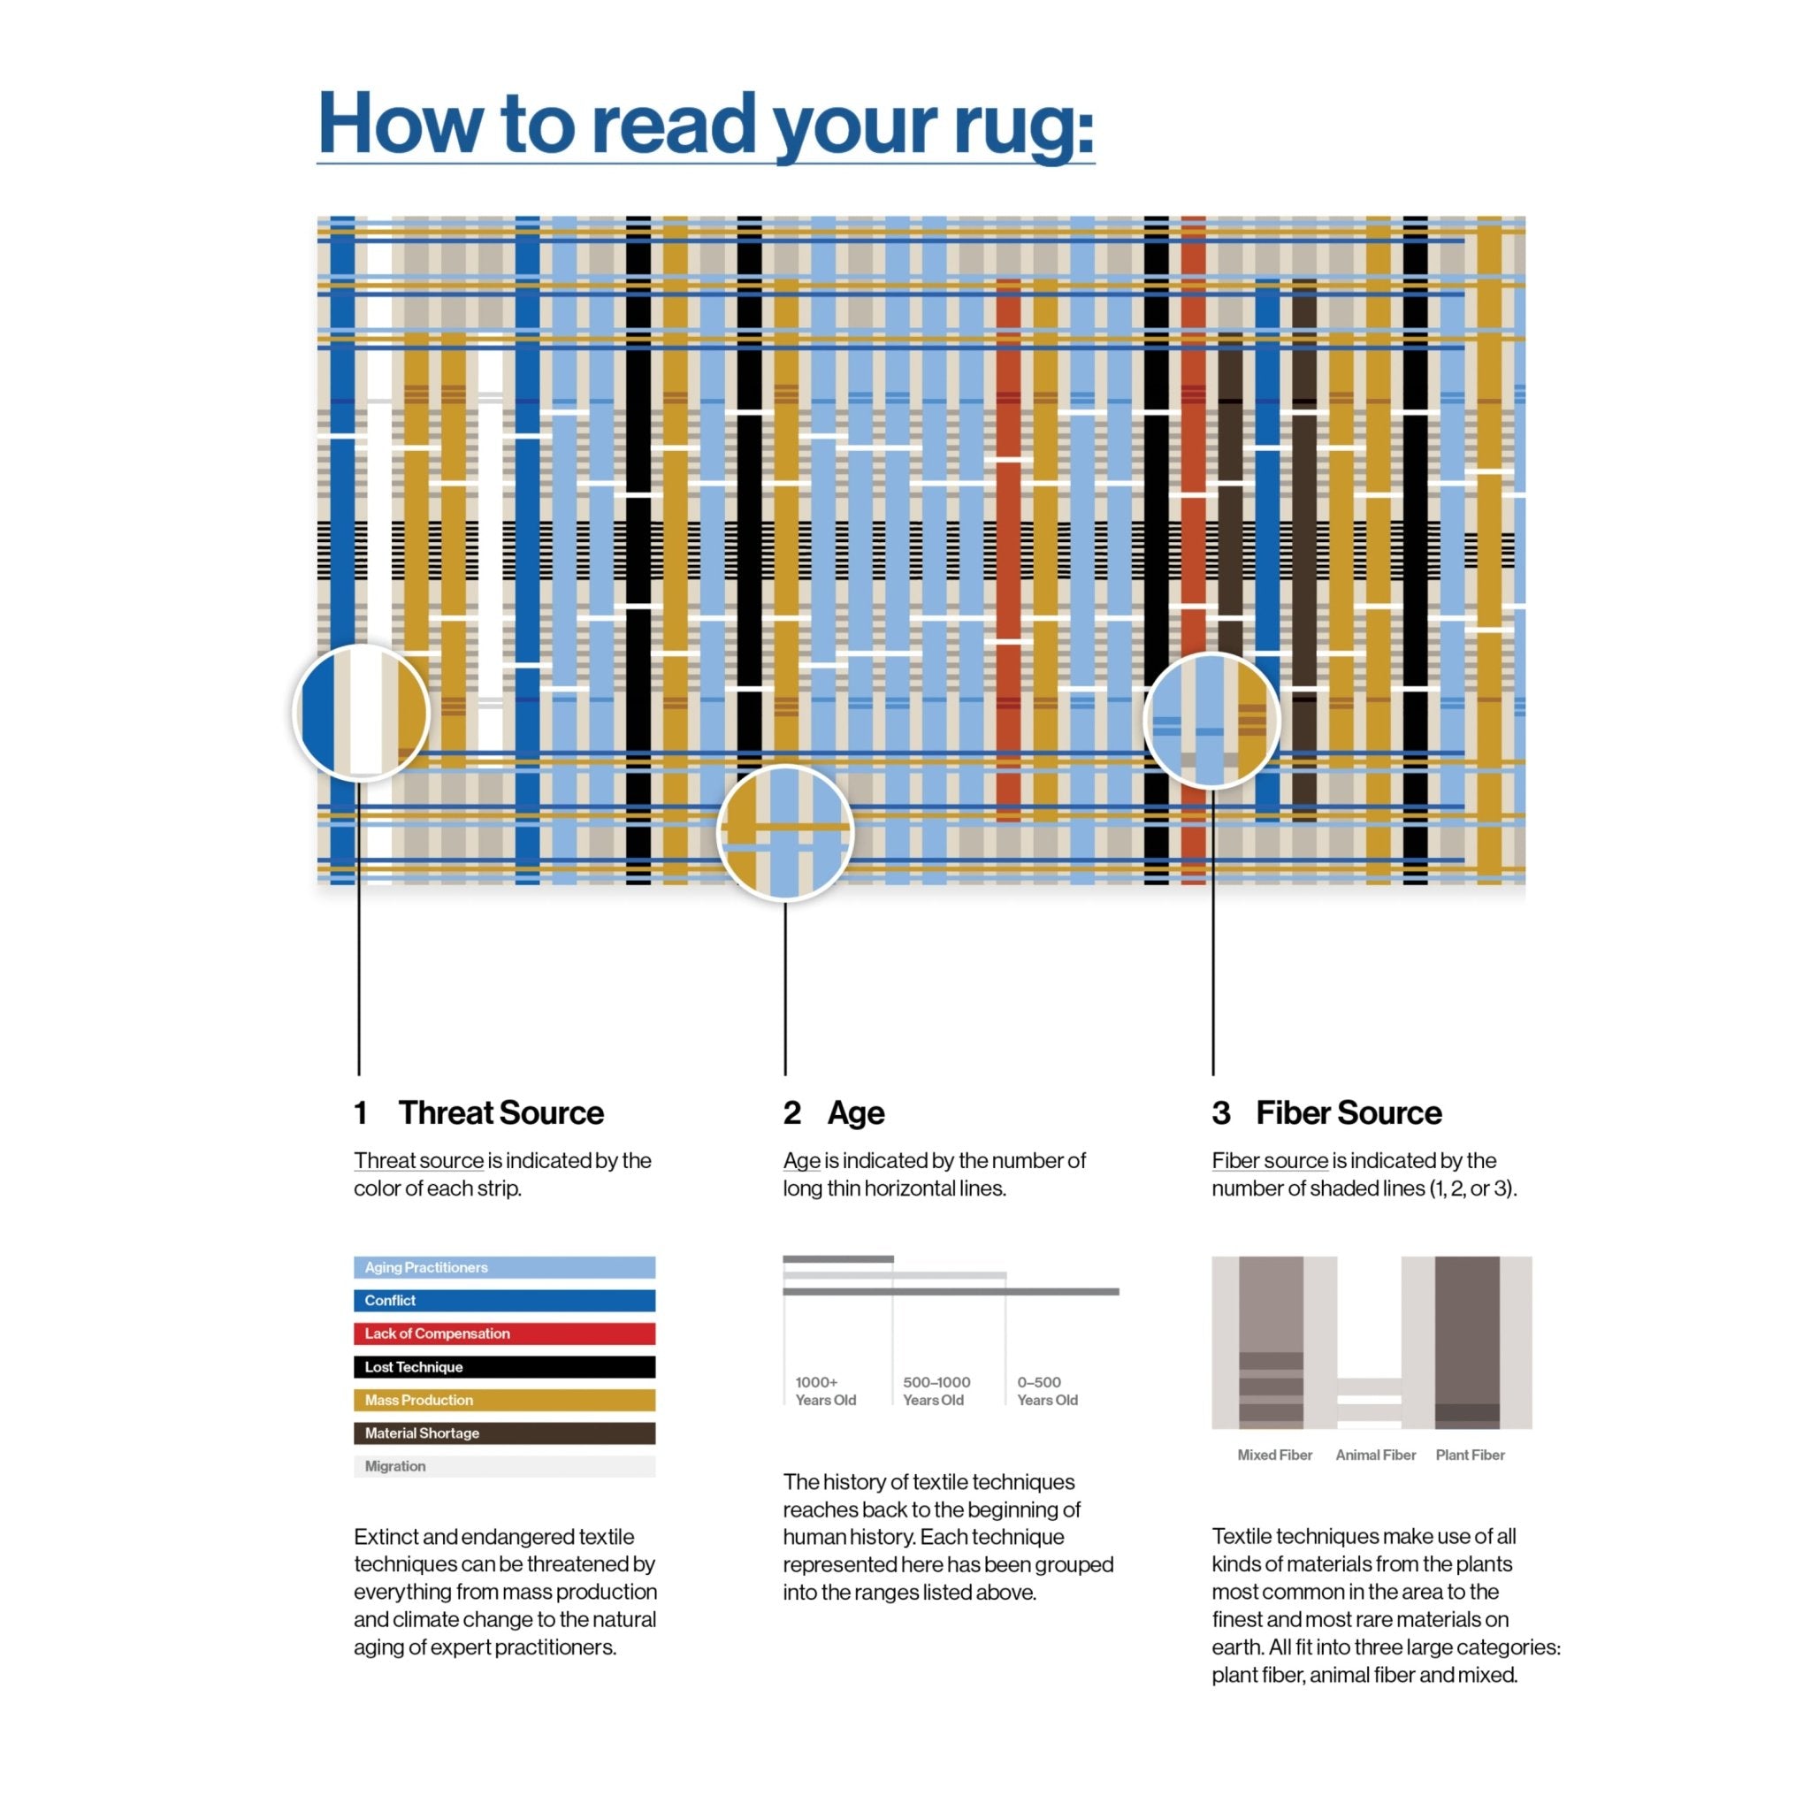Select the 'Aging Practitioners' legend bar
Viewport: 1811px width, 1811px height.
pos(503,1267)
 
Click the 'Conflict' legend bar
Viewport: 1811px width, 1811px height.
pos(503,1300)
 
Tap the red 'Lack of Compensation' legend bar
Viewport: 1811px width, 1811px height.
pos(503,1333)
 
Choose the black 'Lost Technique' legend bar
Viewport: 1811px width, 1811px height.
pos(503,1367)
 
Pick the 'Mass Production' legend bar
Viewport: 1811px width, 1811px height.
pos(503,1400)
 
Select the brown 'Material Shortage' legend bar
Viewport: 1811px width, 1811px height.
pos(503,1433)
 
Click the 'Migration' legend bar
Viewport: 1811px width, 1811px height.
pos(503,1466)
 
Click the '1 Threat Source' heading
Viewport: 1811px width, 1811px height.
pos(479,1112)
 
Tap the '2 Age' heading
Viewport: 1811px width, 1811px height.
pos(833,1112)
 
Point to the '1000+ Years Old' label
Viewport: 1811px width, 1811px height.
pos(825,1390)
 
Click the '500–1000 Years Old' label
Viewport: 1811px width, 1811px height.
pos(936,1390)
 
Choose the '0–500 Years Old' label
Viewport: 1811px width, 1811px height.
pos(1046,1390)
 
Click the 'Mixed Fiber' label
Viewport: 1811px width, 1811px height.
pos(1274,1455)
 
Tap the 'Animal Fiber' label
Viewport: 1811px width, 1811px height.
pos(1375,1455)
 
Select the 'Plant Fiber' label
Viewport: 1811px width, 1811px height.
pos(1469,1455)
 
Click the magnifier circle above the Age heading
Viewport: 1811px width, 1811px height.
pos(784,832)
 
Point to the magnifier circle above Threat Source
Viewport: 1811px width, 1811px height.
pos(361,713)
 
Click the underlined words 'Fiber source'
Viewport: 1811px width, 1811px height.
pos(1269,1160)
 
